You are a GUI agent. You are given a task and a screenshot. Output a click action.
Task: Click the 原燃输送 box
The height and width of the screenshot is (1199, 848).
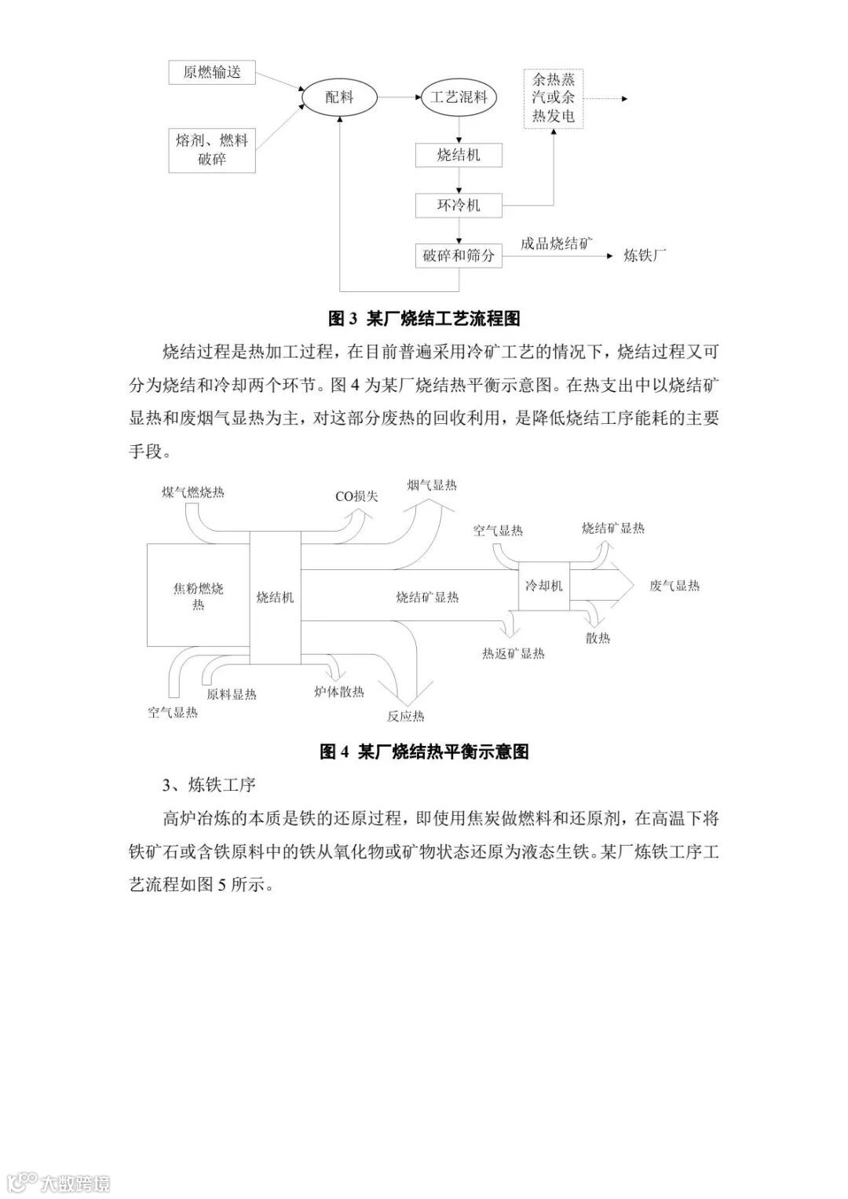pos(212,72)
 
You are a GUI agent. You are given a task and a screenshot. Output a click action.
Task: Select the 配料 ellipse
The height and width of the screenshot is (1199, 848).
pos(339,97)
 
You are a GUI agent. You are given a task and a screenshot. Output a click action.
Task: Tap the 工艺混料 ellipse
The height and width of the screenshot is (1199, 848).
pos(459,97)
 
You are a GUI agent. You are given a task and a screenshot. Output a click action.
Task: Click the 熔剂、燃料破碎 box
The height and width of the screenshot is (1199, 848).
pos(212,149)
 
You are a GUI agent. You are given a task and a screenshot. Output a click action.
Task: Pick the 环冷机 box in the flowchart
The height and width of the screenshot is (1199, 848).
pos(459,206)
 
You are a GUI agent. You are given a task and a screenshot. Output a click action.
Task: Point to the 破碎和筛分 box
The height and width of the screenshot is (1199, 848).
pos(459,255)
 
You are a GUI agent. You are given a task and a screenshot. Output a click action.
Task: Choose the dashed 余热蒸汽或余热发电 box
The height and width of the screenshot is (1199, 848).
pos(554,98)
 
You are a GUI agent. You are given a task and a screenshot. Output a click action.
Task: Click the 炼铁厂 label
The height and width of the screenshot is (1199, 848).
pos(645,255)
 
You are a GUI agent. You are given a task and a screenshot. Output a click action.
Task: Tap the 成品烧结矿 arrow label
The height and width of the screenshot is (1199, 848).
pos(556,244)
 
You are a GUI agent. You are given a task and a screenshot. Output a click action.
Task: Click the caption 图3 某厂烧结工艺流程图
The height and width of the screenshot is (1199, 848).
pos(424,319)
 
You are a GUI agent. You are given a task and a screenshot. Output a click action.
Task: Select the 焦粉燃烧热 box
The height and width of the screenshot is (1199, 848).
pos(198,596)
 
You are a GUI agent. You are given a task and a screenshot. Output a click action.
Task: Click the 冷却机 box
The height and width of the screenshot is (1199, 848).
pos(543,586)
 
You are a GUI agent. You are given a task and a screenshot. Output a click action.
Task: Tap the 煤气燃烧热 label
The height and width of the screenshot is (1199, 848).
pos(192,492)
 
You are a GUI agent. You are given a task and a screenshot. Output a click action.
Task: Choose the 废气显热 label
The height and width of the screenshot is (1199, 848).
pos(674,586)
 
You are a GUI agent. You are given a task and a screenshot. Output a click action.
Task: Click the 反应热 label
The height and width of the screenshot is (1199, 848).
pos(405,716)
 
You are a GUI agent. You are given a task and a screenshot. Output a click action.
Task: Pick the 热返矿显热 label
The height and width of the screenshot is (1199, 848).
pos(514,653)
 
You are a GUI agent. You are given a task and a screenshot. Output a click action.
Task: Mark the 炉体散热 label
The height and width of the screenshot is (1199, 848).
pos(339,692)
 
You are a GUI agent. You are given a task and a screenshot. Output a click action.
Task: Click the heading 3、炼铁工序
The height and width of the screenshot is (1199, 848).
pos(209,784)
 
